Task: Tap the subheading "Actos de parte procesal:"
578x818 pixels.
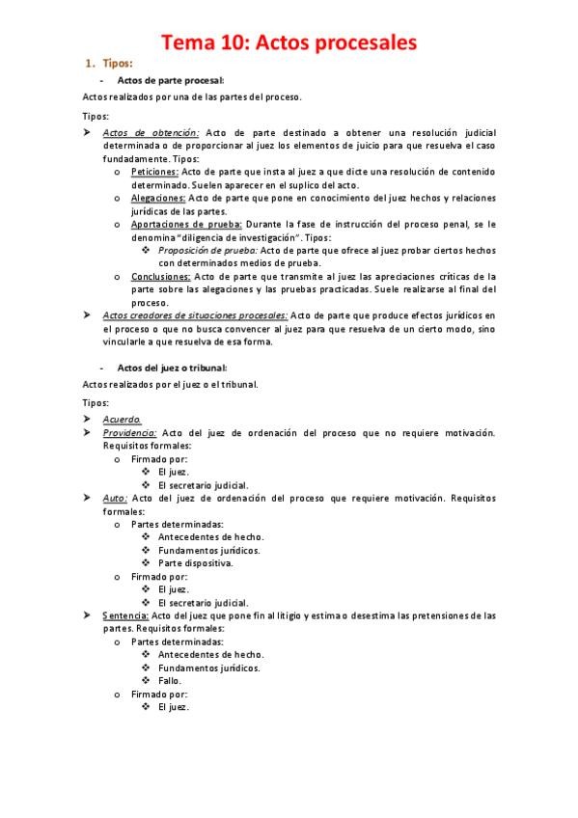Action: [170, 81]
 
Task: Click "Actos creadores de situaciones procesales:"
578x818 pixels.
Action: [194, 315]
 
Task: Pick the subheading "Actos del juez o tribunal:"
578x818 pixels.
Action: [172, 368]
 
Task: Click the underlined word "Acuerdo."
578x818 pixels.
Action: [122, 420]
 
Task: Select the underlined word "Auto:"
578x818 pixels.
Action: [115, 498]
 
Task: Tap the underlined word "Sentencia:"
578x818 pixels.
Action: [125, 614]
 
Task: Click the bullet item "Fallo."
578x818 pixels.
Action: [170, 680]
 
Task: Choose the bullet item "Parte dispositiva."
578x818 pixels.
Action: [195, 562]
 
